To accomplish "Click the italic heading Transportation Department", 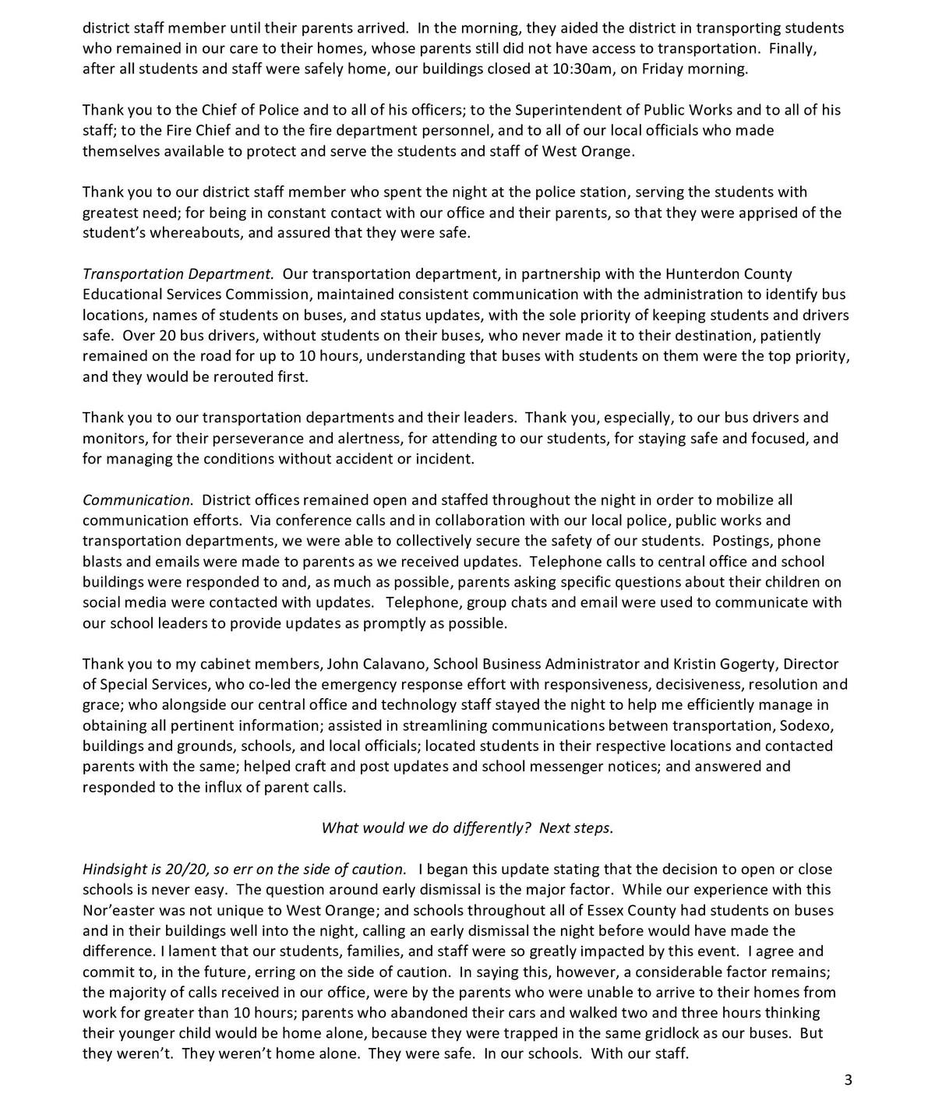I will tap(178, 273).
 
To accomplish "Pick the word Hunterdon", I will tap(699, 273).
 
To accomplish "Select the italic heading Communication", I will tap(137, 499).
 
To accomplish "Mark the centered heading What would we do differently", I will tap(424, 827).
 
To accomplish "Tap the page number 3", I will tap(848, 1079).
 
